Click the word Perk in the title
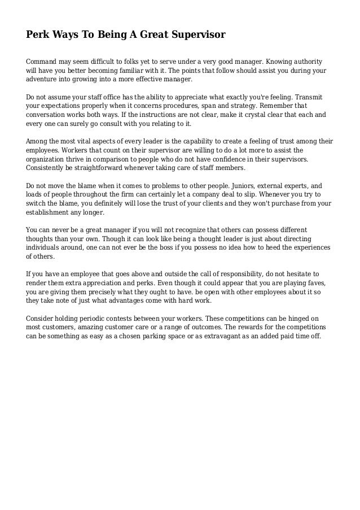[37, 35]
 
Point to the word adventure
[43, 80]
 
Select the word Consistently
[49, 168]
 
